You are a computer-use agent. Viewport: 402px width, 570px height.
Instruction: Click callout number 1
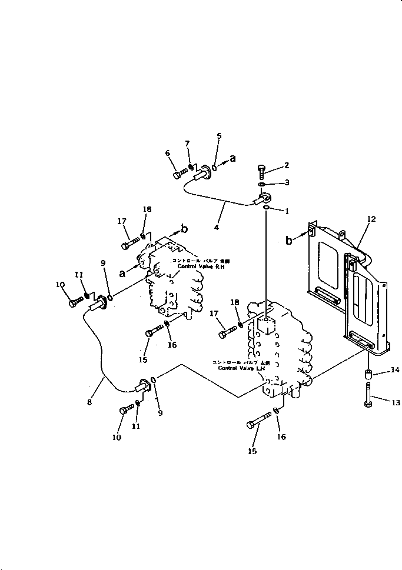click(x=287, y=211)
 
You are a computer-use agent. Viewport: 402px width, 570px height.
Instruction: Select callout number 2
click(x=287, y=165)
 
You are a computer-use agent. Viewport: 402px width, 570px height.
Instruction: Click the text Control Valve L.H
click(x=238, y=368)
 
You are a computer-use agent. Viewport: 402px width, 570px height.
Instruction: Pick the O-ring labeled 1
click(x=266, y=207)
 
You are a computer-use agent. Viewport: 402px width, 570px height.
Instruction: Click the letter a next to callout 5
click(x=232, y=158)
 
